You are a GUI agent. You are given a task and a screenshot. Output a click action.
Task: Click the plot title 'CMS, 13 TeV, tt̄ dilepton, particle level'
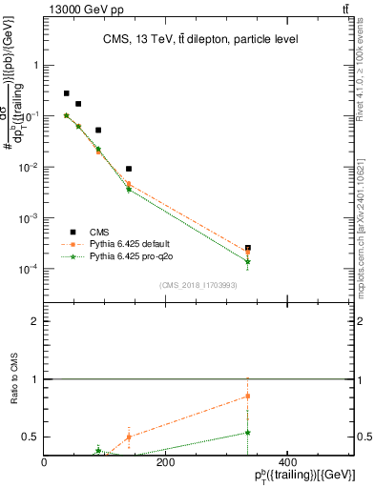[200, 39]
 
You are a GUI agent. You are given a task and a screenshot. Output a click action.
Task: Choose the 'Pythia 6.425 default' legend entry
[134, 244]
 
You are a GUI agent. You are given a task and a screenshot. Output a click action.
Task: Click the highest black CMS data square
[66, 93]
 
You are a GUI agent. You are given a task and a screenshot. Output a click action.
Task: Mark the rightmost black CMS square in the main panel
[248, 248]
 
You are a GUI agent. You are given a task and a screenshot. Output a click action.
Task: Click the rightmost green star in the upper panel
[248, 261]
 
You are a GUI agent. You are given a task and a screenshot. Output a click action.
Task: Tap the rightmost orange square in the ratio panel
[248, 396]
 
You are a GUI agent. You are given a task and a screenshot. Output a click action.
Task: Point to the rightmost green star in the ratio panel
[248, 432]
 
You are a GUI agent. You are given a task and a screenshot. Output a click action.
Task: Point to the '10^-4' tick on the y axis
[29, 269]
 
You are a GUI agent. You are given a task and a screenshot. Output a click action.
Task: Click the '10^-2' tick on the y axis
[29, 167]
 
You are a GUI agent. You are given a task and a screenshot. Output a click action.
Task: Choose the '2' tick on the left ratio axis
[35, 321]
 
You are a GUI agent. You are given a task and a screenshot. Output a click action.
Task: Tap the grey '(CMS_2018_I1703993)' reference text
[198, 284]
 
